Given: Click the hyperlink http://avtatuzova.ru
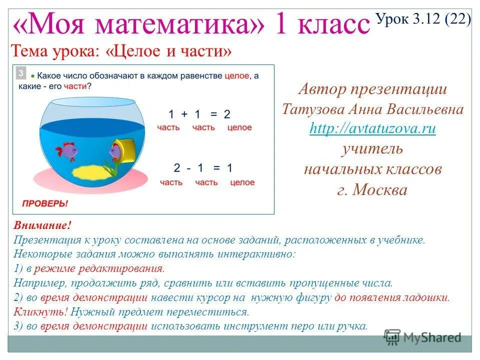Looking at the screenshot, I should click(x=372, y=128).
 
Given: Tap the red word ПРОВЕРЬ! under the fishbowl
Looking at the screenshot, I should click(x=44, y=203).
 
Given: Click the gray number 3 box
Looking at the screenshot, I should click(x=21, y=73).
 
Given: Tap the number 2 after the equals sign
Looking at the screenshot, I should click(x=227, y=114).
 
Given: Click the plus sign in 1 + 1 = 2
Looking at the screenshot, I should click(x=184, y=114).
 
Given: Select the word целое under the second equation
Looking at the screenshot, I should click(x=242, y=182).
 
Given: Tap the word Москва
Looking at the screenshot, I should click(x=379, y=190).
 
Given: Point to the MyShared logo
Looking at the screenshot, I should click(x=422, y=337).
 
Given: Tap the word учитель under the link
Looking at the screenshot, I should click(x=372, y=149).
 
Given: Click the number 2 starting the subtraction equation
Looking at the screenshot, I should click(x=176, y=168).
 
